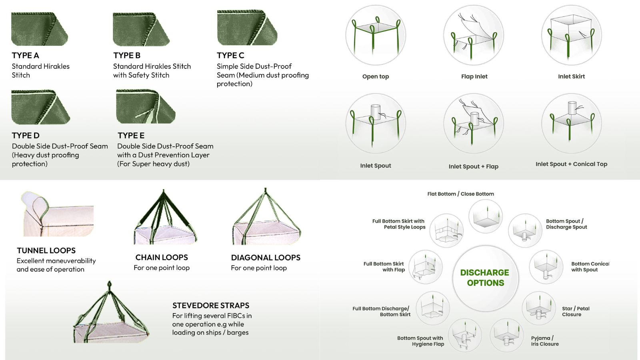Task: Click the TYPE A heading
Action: click(25, 55)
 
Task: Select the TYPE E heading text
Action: click(131, 135)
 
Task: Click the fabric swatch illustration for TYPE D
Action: click(40, 107)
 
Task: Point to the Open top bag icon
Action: click(375, 35)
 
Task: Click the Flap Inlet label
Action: click(474, 76)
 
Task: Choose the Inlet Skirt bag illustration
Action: click(571, 35)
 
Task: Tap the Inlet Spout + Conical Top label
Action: click(571, 164)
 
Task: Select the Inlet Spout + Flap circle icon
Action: click(474, 124)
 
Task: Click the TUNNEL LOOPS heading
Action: click(46, 250)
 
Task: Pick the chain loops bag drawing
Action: click(164, 218)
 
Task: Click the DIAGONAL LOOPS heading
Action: click(266, 258)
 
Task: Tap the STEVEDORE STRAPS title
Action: click(211, 305)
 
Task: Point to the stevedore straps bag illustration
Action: click(110, 314)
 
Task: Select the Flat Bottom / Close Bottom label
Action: click(460, 194)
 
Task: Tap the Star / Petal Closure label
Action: click(575, 311)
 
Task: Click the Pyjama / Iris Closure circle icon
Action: click(507, 335)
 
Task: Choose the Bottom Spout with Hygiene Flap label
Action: click(420, 341)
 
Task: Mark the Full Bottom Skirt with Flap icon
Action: click(426, 267)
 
